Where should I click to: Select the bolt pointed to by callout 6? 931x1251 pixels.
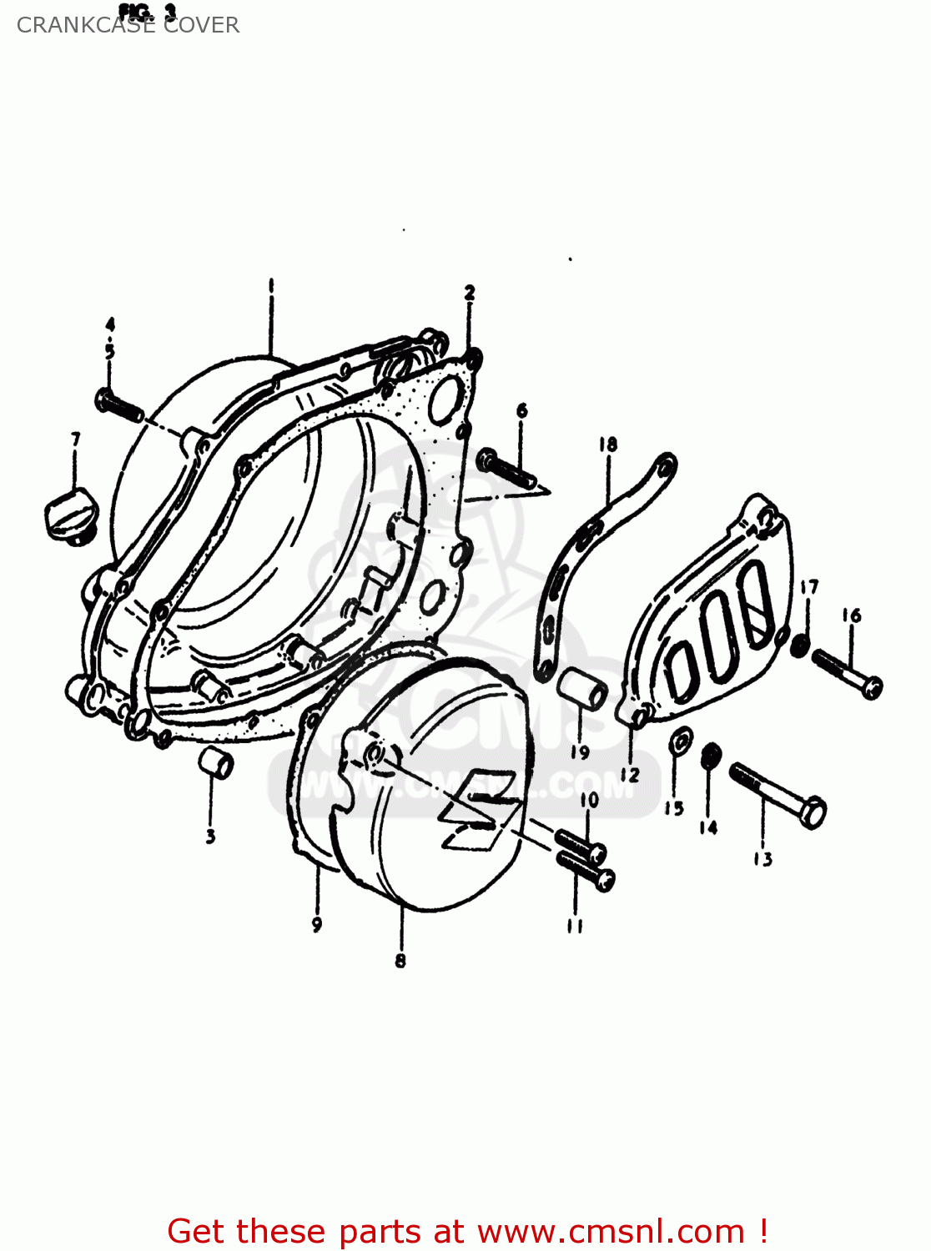506,469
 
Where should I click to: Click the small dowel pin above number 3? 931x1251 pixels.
216,763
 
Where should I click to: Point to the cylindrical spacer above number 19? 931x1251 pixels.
581,689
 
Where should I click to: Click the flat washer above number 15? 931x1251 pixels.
681,739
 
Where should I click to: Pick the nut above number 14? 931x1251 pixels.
710,756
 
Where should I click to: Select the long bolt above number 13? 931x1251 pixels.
778,795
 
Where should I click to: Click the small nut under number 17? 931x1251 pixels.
799,646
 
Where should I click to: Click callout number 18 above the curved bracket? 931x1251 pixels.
607,445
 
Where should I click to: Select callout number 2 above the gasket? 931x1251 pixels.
470,293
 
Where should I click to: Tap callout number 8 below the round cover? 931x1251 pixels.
400,961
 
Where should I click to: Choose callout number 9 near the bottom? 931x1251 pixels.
317,924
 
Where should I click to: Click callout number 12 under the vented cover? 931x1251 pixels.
630,776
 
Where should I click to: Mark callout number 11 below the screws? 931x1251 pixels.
575,926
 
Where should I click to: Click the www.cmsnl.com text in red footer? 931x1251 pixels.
611,1232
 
